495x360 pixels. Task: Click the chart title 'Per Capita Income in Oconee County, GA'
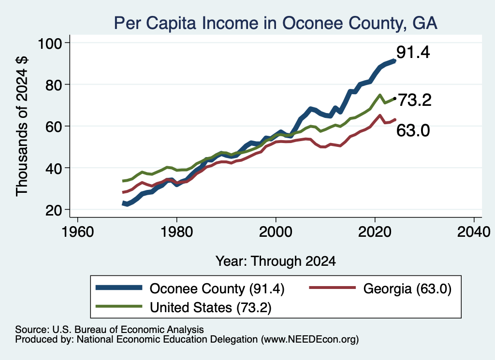276,23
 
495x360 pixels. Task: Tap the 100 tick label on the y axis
50,43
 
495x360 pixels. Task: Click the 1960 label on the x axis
78,232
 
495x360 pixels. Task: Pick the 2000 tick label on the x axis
276,232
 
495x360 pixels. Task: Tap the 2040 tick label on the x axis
474,232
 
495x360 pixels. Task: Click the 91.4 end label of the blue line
413,52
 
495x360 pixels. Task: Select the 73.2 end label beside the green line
414,101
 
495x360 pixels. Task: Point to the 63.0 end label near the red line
413,130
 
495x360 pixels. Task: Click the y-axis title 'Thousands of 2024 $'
22,126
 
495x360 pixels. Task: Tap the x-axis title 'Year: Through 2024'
276,261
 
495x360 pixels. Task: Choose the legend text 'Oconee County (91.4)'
217,288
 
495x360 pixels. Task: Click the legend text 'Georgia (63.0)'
407,288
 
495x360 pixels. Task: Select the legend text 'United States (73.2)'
211,307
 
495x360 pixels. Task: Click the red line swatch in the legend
333,288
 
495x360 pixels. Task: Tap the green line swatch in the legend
119,306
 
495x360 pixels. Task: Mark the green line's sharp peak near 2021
380,95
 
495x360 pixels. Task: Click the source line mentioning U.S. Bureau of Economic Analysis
109,330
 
